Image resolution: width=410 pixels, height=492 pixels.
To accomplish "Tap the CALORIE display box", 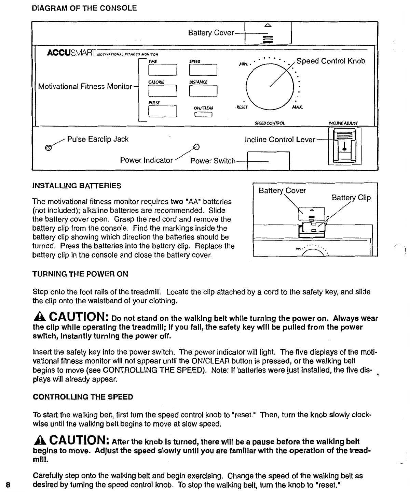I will click(162, 91).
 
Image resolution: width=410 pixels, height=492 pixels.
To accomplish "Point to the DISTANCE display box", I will click(203, 91).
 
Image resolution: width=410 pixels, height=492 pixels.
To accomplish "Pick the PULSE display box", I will click(162, 112).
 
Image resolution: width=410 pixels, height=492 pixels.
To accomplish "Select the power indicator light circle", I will click(196, 147).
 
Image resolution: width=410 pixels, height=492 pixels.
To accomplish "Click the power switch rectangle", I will click(268, 161).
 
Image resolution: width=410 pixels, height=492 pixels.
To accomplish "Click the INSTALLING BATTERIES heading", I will click(76, 186).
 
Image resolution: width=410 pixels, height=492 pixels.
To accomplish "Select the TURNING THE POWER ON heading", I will click(80, 274).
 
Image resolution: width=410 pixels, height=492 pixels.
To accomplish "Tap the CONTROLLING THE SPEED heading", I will click(83, 397).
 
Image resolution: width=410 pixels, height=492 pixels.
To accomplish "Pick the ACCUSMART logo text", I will click(72, 54).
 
